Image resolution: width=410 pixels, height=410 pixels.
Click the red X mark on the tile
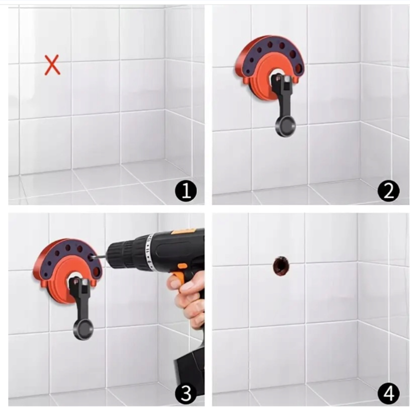(52, 65)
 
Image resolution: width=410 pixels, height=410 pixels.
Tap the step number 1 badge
(186, 191)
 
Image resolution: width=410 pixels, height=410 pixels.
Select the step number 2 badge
(388, 191)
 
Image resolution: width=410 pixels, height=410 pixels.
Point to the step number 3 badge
(186, 393)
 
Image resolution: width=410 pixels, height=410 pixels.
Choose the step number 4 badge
(388, 393)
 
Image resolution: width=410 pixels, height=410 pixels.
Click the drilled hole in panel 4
(281, 266)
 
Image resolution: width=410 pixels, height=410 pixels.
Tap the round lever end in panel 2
(285, 127)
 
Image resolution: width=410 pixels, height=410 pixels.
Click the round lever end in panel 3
(83, 330)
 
